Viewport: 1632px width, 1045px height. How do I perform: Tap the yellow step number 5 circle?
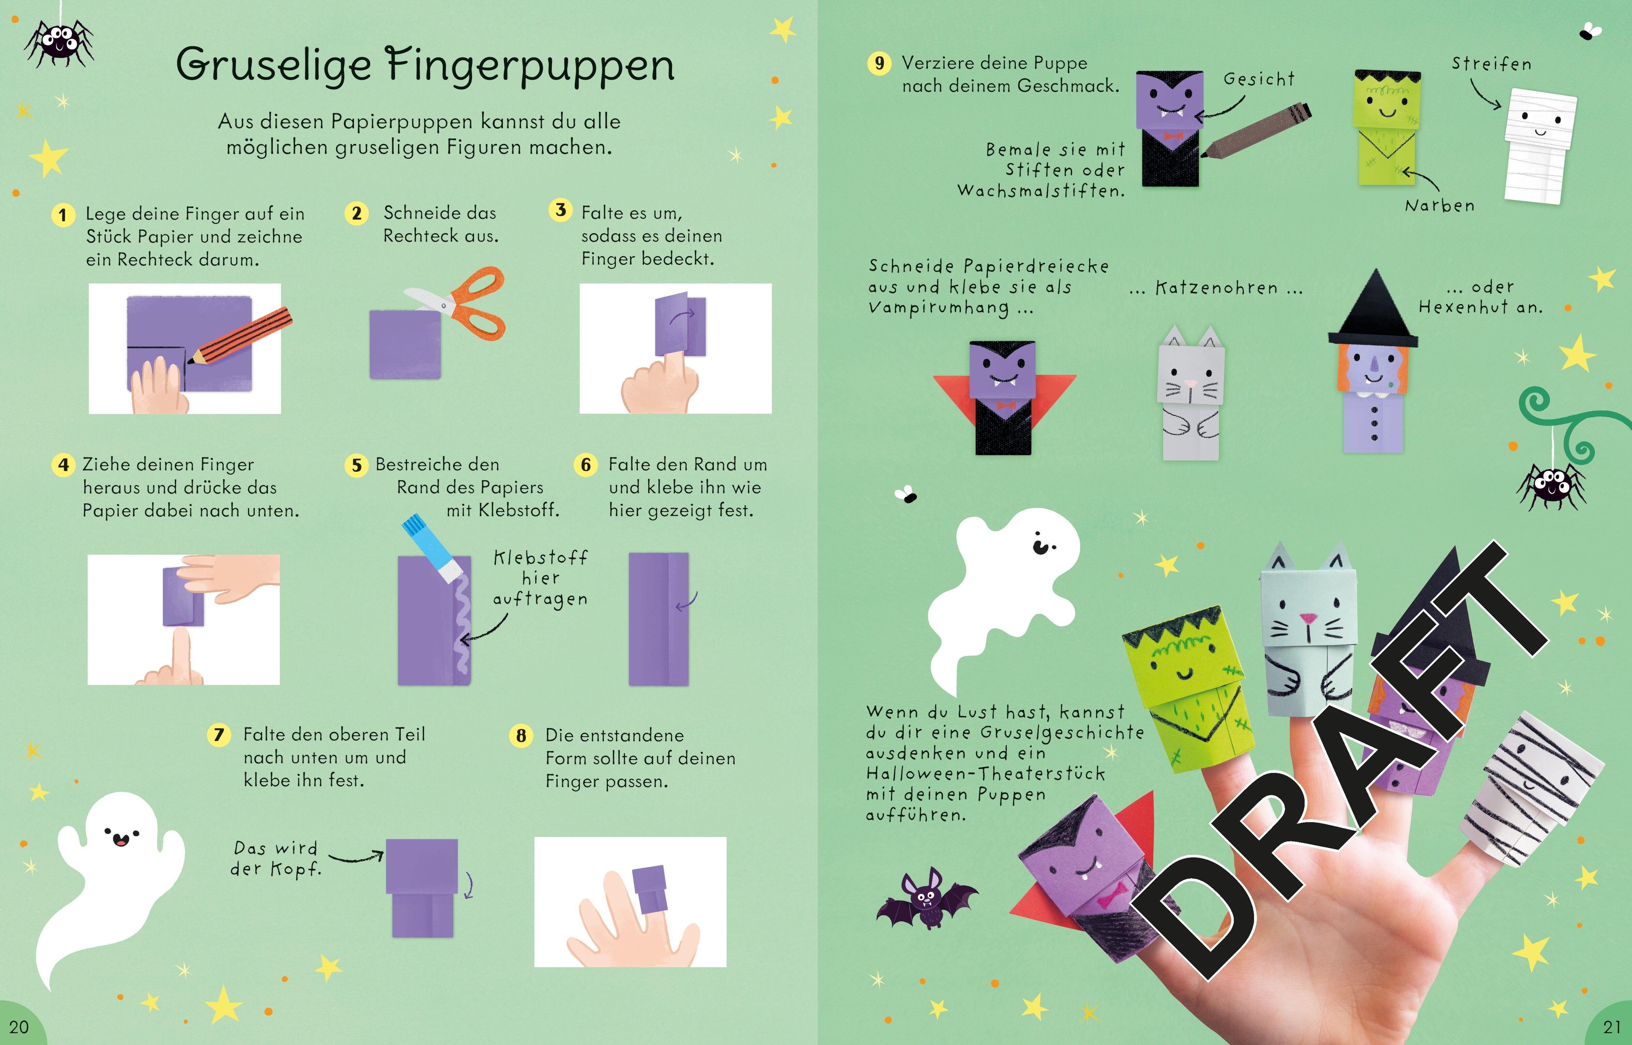click(x=356, y=466)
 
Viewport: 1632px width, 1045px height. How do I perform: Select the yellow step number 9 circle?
click(x=879, y=64)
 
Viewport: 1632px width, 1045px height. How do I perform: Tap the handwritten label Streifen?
click(x=1491, y=64)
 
